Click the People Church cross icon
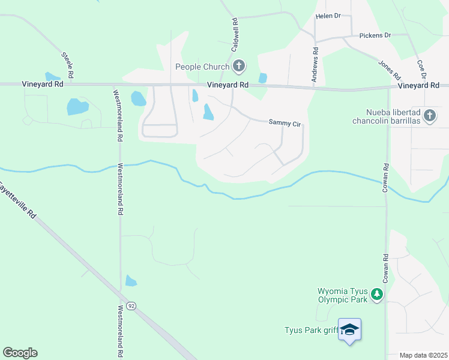pos(238,66)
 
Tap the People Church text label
pos(202,67)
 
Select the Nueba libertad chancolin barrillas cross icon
pos(429,116)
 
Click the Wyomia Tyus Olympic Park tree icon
pos(376,294)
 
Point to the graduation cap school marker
pos(349,329)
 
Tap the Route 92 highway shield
pos(131,306)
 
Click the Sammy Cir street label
pos(284,122)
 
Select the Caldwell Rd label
pos(235,33)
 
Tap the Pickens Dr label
pos(375,35)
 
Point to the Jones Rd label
pos(389,70)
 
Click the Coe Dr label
pos(422,69)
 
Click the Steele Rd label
pos(67,65)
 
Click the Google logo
pos(20,353)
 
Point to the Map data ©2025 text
pos(423,355)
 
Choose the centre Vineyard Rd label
pos(228,86)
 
